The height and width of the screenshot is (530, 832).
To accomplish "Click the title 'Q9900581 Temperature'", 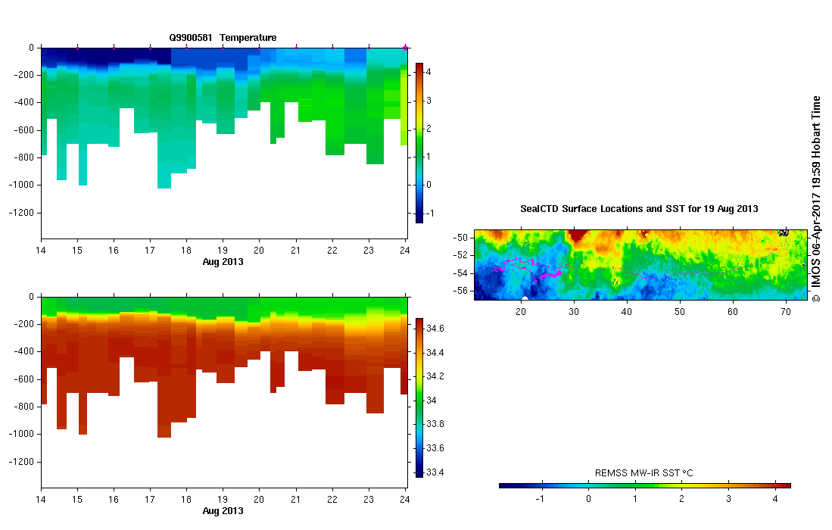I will coord(223,37).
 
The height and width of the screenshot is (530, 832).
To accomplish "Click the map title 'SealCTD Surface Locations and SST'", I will coord(639,208).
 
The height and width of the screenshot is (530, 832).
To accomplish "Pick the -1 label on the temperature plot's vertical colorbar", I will coord(430,214).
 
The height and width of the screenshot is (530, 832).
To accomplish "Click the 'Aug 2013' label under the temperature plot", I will coord(223,261).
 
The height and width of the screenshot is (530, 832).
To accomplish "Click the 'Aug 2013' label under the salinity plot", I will coord(223,511).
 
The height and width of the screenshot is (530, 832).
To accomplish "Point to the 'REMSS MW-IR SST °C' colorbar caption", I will coord(644,473).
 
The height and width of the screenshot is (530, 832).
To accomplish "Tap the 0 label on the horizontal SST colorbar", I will coord(588,499).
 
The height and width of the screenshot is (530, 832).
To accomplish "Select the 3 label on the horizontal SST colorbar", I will coord(728,499).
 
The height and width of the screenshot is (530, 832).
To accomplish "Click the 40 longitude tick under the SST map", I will coord(627,312).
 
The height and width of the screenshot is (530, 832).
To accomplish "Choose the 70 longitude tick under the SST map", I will coord(786,312).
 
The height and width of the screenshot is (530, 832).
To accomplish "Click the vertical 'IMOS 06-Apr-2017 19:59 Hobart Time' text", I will coord(815,198).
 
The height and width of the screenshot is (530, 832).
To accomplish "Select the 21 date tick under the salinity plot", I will coord(295,500).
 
